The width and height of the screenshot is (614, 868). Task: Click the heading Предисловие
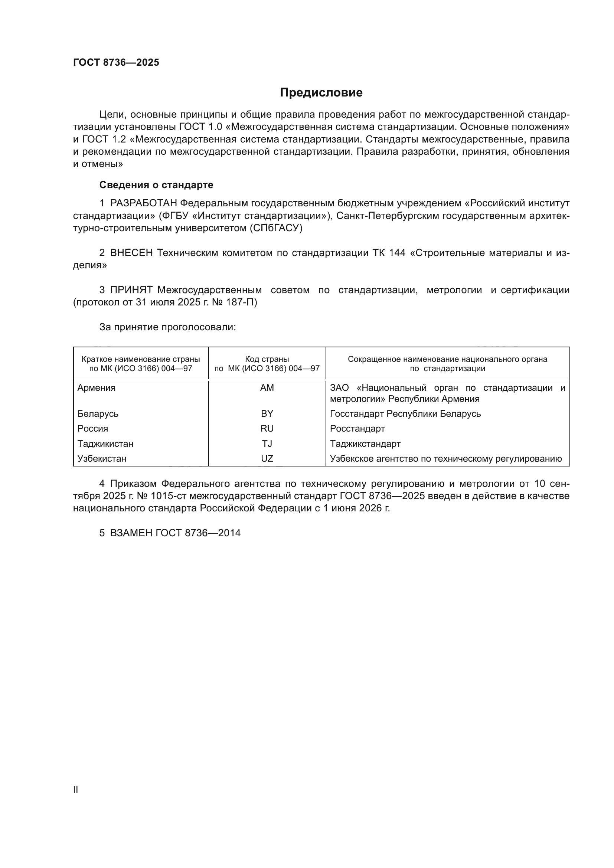click(321, 93)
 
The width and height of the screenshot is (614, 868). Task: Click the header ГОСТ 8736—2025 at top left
click(116, 62)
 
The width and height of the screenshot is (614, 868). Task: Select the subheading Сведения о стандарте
click(156, 185)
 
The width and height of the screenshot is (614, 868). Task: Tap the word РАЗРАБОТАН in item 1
click(143, 203)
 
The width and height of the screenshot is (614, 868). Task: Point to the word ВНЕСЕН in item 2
click(131, 253)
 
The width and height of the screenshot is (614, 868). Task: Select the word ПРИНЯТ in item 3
click(131, 290)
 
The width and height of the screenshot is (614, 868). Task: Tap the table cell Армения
click(97, 388)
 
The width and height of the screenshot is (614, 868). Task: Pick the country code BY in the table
click(267, 413)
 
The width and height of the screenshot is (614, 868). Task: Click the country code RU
click(267, 428)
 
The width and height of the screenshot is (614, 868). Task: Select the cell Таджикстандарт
click(365, 443)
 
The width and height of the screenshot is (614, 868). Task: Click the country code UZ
click(267, 459)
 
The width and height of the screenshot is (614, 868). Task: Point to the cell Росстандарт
click(357, 428)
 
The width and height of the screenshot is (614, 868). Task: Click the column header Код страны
click(267, 359)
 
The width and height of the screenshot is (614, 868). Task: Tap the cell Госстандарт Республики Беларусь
click(405, 413)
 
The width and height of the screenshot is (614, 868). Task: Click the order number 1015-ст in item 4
click(166, 496)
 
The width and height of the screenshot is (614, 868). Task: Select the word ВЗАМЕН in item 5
click(131, 533)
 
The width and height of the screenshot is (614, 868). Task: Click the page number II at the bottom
click(76, 790)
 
